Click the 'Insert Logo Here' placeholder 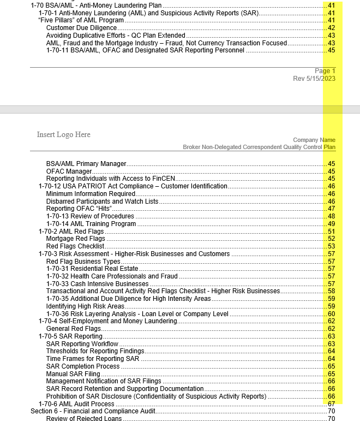pyautogui.click(x=63, y=134)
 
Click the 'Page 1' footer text pyautogui.click(x=325, y=71)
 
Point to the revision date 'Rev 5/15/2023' pyautogui.click(x=314, y=79)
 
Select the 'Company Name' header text pyautogui.click(x=314, y=140)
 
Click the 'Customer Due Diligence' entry pyautogui.click(x=81, y=28)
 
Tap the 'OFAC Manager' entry pyautogui.click(x=69, y=171)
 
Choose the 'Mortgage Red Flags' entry pyautogui.click(x=75, y=239)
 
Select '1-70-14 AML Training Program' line pyautogui.click(x=91, y=224)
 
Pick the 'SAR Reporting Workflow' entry pyautogui.click(x=82, y=344)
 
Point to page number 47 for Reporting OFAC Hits pyautogui.click(x=331, y=209)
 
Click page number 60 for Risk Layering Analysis pyautogui.click(x=331, y=314)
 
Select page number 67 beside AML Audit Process pyautogui.click(x=331, y=404)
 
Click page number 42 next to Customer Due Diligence pyautogui.click(x=331, y=28)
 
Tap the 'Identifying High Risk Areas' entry pyautogui.click(x=85, y=306)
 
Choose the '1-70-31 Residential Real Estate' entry pyautogui.click(x=92, y=269)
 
